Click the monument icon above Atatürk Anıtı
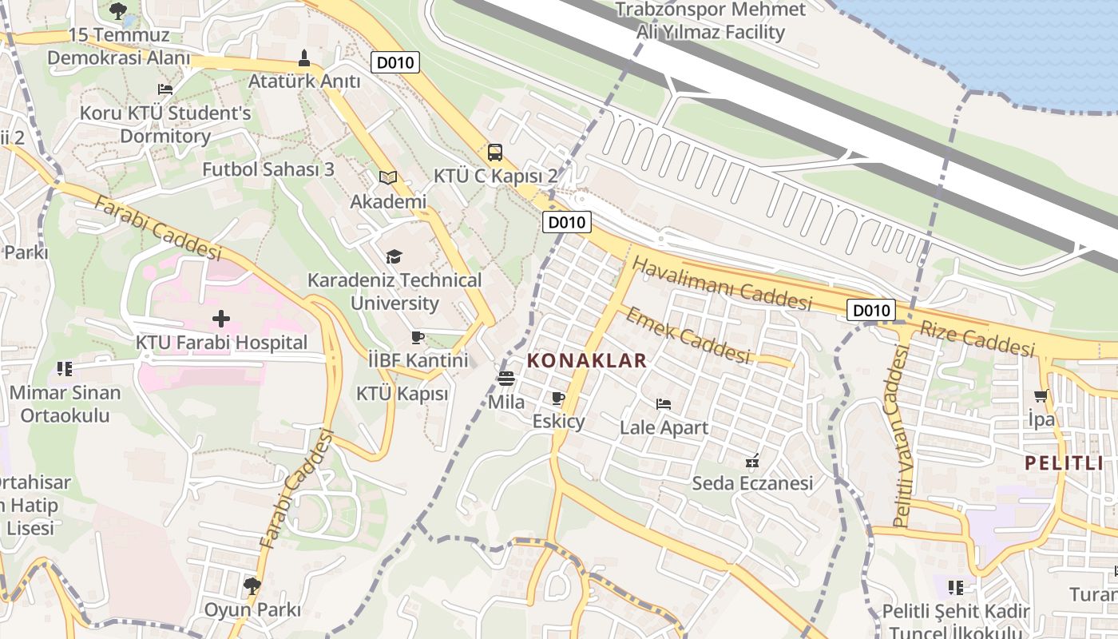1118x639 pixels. pyautogui.click(x=303, y=58)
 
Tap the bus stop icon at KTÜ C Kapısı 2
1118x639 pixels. pyautogui.click(x=495, y=152)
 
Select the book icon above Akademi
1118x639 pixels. pyautogui.click(x=388, y=177)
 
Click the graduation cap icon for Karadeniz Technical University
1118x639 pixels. pyautogui.click(x=394, y=256)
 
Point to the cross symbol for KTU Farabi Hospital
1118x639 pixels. pyautogui.click(x=221, y=319)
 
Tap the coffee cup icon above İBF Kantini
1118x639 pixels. pyautogui.click(x=418, y=337)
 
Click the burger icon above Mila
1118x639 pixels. pyautogui.click(x=506, y=379)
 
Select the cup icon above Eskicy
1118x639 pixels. pyautogui.click(x=558, y=398)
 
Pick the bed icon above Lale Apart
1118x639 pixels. pyautogui.click(x=664, y=404)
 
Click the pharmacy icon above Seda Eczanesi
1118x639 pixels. pyautogui.click(x=751, y=460)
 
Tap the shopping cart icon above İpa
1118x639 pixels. pyautogui.click(x=1041, y=395)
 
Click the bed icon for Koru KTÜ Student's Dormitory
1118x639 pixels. pyautogui.click(x=165, y=89)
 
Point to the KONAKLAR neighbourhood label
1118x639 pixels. pyautogui.click(x=587, y=361)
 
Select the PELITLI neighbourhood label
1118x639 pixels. pyautogui.click(x=1064, y=462)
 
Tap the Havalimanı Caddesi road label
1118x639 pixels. pyautogui.click(x=721, y=284)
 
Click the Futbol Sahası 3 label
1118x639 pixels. pyautogui.click(x=268, y=169)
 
